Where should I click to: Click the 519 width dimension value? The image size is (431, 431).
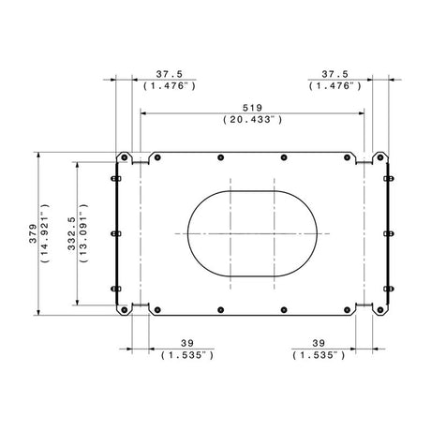click(x=252, y=108)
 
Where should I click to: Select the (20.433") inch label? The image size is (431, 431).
click(x=253, y=119)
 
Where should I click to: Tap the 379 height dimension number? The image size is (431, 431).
click(x=33, y=233)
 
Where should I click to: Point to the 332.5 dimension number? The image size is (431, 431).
click(x=72, y=233)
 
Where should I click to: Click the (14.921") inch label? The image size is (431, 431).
click(x=45, y=233)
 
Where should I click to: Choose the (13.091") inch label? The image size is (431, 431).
click(x=83, y=233)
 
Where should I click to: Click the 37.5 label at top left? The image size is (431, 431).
click(x=170, y=74)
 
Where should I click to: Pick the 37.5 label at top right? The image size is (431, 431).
click(x=334, y=74)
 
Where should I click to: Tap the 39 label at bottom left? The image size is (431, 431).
click(x=187, y=343)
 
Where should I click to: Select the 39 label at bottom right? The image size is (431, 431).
click(x=319, y=343)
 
